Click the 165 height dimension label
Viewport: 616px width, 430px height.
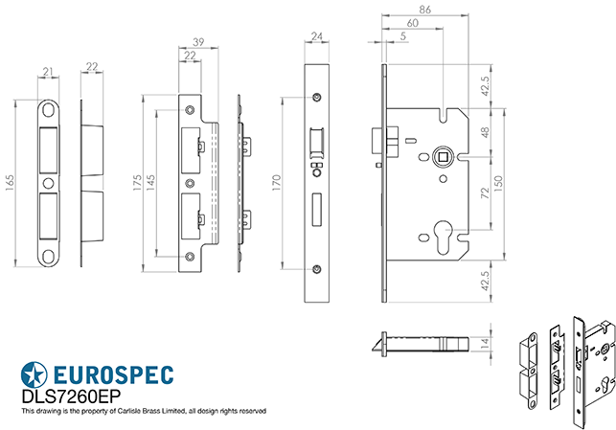10,183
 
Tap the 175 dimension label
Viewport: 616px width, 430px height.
137,181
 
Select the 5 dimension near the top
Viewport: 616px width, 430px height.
403,36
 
